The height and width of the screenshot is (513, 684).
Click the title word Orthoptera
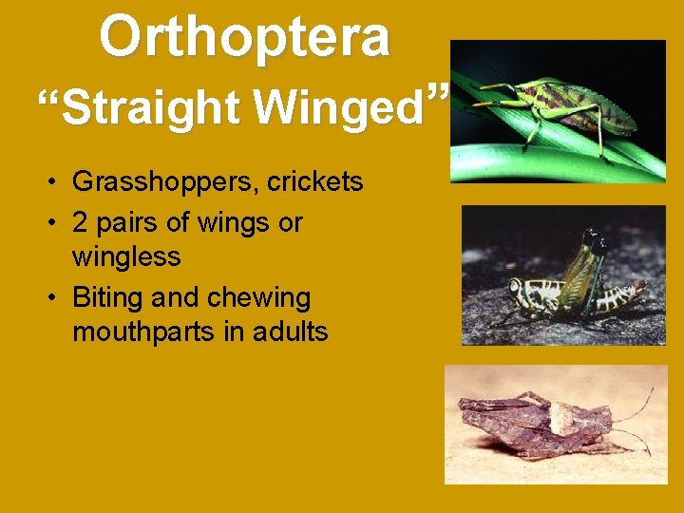244,36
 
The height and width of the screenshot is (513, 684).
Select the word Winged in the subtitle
337,108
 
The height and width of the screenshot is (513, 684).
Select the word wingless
126,256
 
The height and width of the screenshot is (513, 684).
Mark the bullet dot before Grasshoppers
58,182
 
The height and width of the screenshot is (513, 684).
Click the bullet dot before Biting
58,298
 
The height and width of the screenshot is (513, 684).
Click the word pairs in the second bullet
121,222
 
